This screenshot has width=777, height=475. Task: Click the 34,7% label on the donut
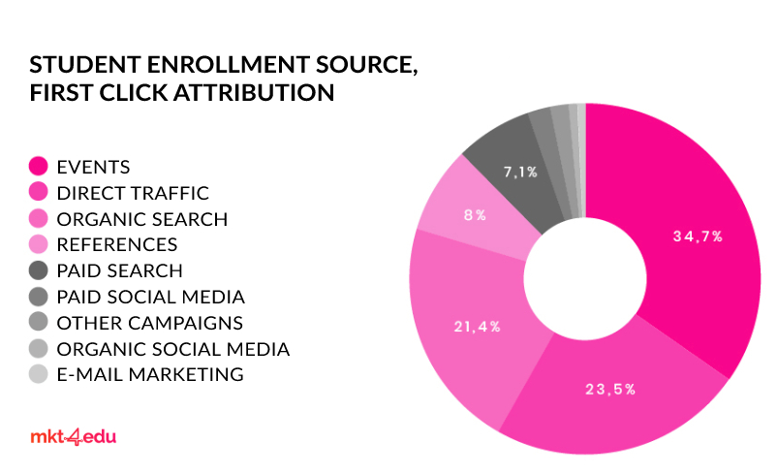[697, 236]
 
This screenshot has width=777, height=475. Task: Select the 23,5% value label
[610, 389]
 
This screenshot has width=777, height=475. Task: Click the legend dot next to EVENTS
[39, 166]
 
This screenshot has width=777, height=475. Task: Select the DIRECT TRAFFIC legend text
[133, 193]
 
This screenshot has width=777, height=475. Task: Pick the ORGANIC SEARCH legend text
[142, 219]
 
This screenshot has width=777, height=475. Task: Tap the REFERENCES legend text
[117, 244]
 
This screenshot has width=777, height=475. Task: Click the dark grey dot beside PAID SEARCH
[39, 270]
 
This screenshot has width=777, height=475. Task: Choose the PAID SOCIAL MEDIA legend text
[151, 297]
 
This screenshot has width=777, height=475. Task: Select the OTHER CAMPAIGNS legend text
[150, 323]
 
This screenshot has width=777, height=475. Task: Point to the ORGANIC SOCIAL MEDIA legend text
[173, 349]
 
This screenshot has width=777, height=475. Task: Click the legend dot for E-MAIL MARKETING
[39, 374]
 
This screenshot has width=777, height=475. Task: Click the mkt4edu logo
[73, 437]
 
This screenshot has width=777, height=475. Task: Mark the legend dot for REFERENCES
[39, 244]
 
